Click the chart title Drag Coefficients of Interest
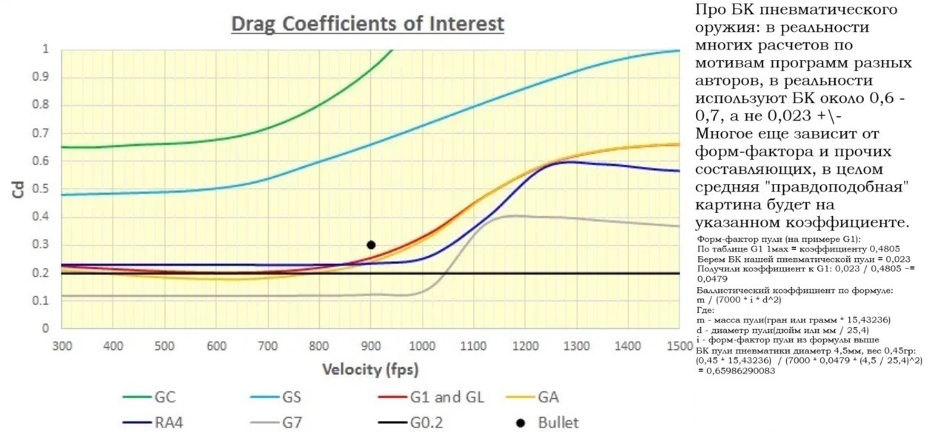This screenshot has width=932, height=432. pos(368,24)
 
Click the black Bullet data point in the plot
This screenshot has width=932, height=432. pos(371,245)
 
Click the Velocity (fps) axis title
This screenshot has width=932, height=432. pos(370,368)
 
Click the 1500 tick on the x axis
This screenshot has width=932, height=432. pos(679,346)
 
